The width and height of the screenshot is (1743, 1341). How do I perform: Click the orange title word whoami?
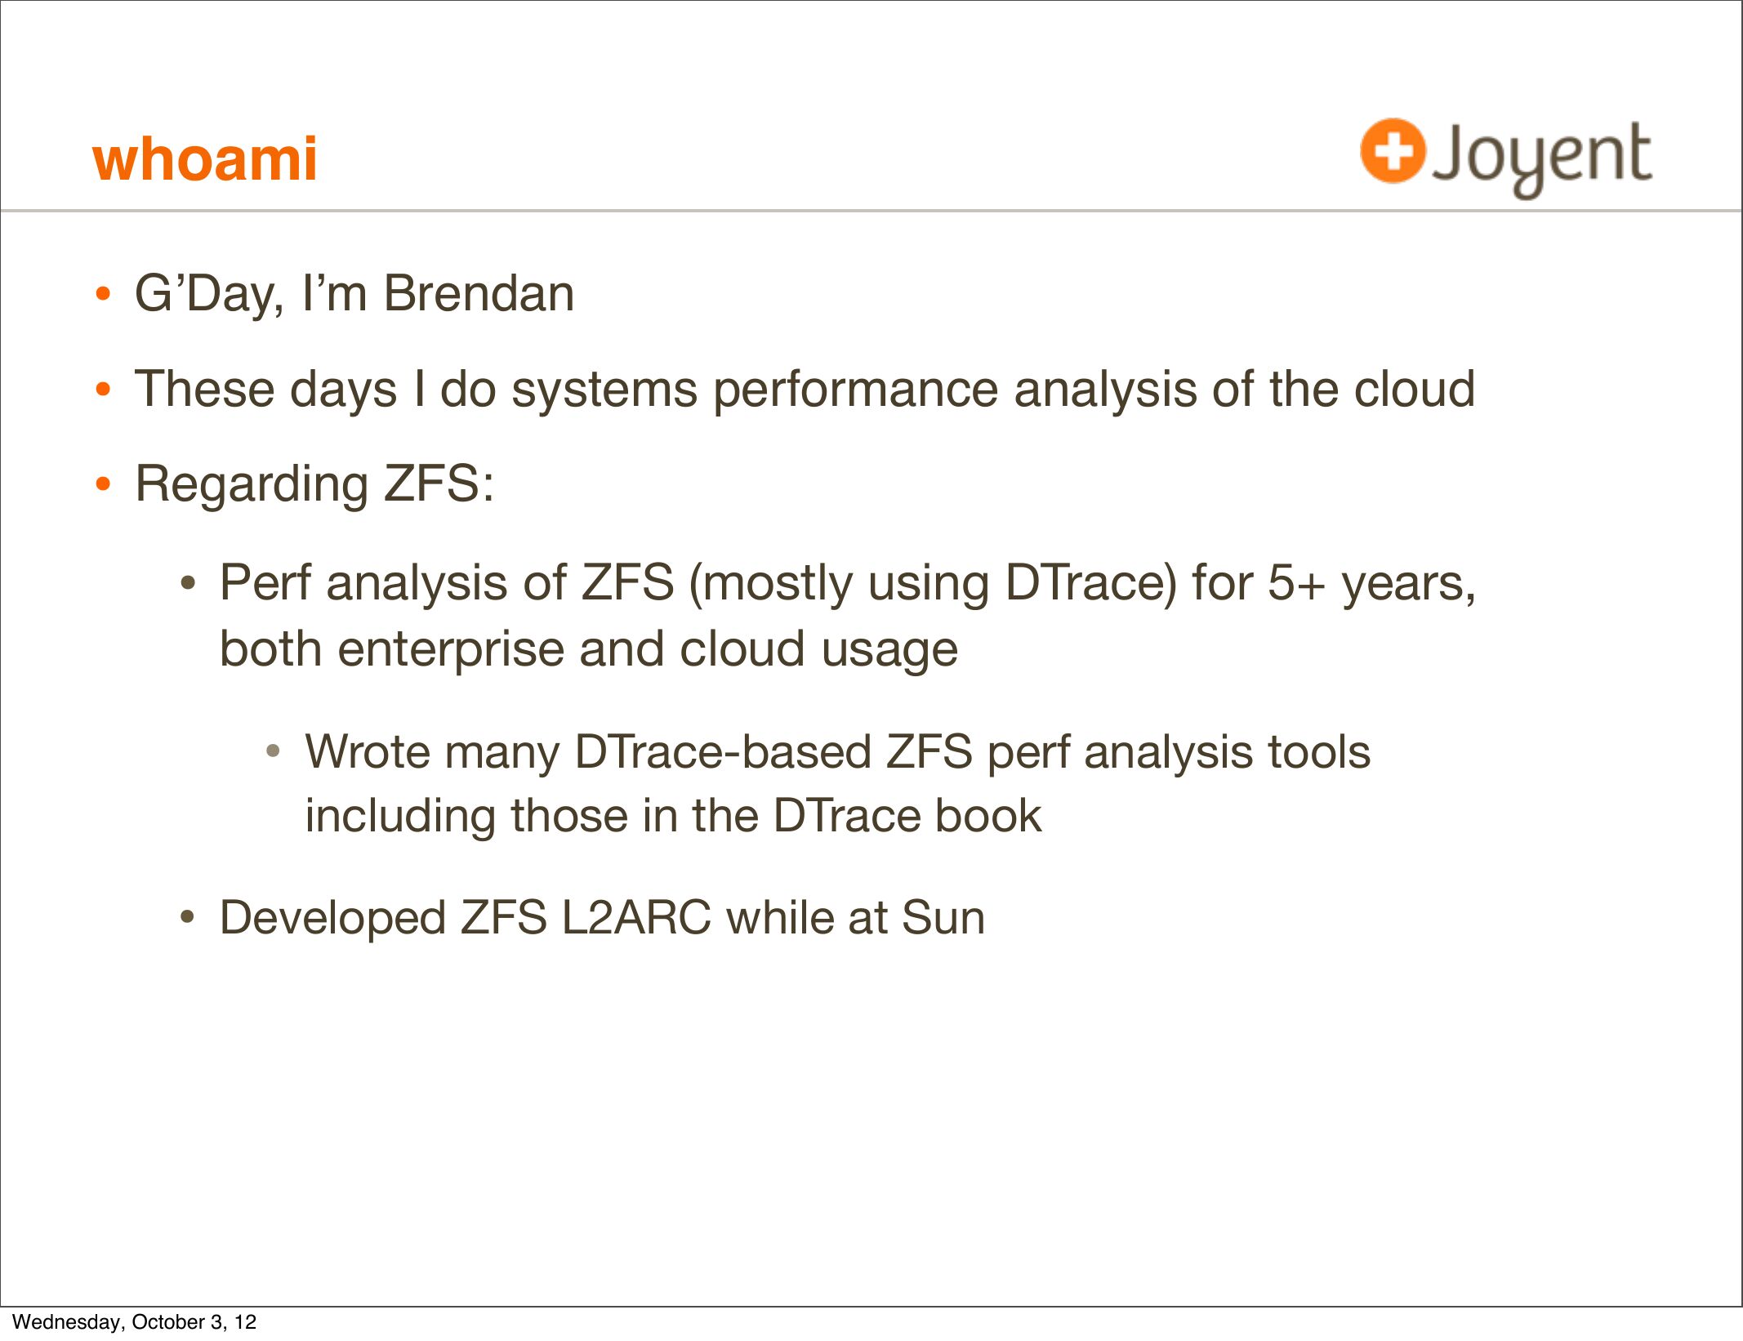click(205, 158)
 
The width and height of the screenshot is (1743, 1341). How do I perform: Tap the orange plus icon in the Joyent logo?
click(1393, 150)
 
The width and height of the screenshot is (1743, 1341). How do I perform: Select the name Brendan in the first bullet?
click(479, 293)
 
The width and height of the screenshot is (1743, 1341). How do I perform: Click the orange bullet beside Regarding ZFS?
click(102, 484)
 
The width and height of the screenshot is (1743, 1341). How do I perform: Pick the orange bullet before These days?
click(102, 390)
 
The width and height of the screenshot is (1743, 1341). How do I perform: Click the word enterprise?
click(450, 651)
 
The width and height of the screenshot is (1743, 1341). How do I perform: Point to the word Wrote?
click(366, 751)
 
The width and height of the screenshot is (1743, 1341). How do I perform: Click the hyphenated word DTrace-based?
click(723, 751)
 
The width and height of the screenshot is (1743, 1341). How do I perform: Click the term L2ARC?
click(635, 918)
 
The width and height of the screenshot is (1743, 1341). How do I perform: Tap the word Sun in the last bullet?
click(943, 918)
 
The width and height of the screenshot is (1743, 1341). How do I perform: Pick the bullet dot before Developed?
click(188, 918)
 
